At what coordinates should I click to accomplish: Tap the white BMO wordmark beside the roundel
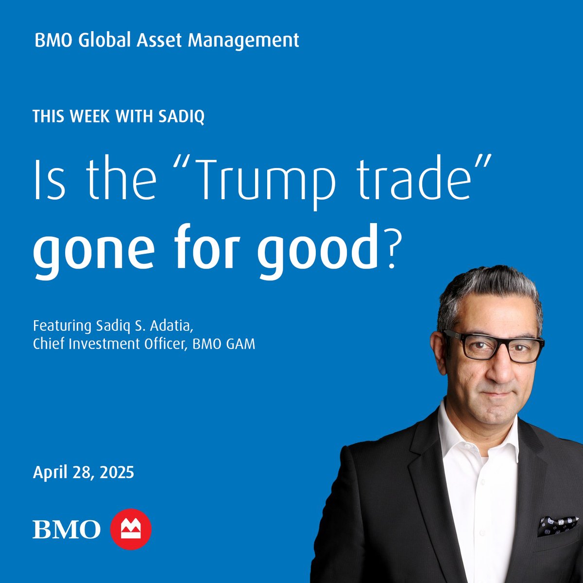click(x=67, y=530)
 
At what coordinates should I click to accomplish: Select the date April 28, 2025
click(x=84, y=472)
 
